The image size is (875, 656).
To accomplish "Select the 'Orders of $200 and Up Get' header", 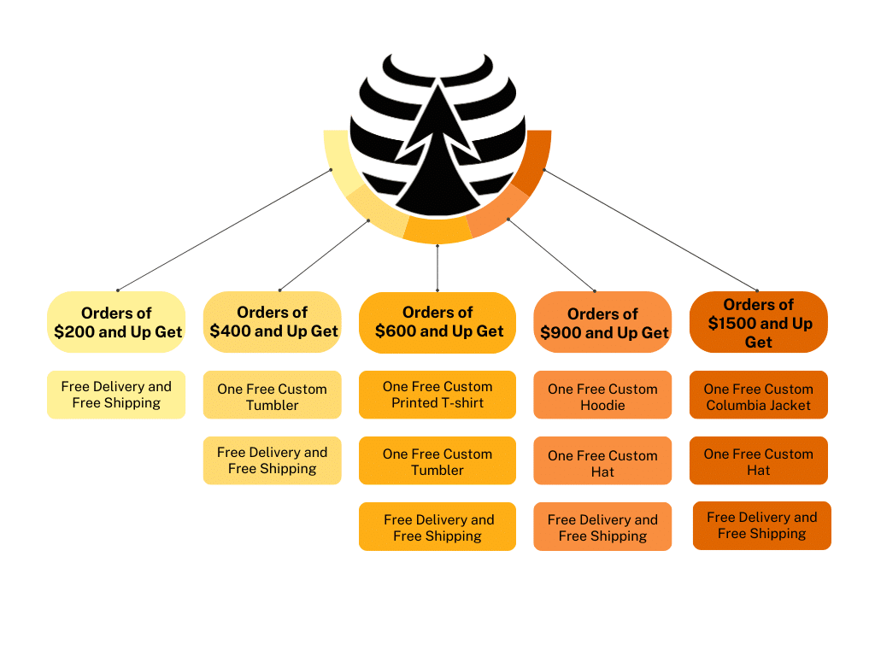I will coord(116,322).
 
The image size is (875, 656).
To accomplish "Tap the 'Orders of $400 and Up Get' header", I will coord(273,322).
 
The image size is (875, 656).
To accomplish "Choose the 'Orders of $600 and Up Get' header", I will coord(437,322).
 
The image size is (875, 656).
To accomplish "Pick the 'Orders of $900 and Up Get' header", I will coord(602,323).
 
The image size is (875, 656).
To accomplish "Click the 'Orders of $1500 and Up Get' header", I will coord(759,323).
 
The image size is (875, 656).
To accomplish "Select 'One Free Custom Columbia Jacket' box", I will coord(759,396).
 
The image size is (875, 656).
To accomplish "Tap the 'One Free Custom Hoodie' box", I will coord(602,396).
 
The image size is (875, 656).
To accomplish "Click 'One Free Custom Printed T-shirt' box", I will coord(437,395).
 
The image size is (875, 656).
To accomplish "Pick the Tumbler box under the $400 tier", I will coord(273,396).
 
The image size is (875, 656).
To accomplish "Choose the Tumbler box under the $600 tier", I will coord(437,461).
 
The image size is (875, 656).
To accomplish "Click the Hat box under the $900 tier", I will coord(602,463).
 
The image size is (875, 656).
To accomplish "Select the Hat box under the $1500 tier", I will coord(759,461).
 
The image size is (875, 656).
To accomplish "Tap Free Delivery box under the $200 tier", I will coord(116,395).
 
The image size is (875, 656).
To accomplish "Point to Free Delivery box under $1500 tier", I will coord(762,525).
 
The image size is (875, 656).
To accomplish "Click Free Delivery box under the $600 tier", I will coord(437,527).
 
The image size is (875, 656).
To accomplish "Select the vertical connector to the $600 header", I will coord(437,268).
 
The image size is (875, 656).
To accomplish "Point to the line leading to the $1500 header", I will coord(649,230).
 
